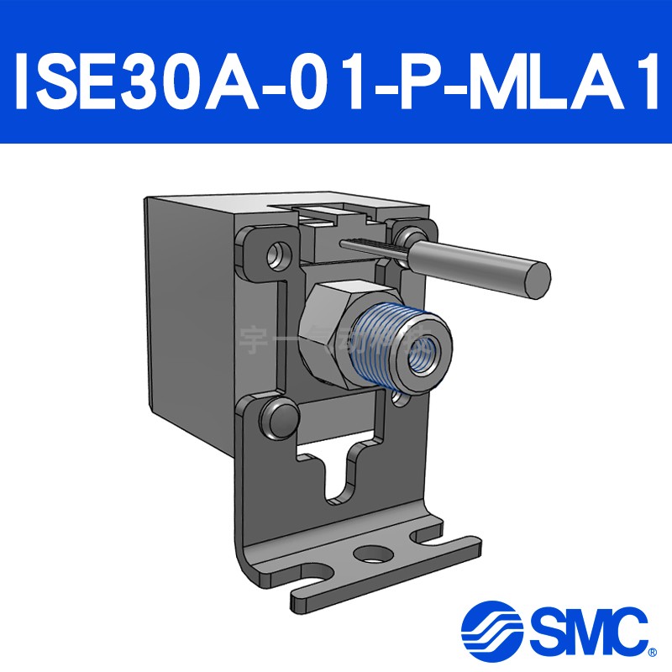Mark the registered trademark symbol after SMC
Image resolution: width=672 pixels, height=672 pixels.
(653, 651)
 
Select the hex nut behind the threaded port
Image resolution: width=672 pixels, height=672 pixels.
(323, 332)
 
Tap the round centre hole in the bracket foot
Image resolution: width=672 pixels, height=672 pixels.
(370, 554)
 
